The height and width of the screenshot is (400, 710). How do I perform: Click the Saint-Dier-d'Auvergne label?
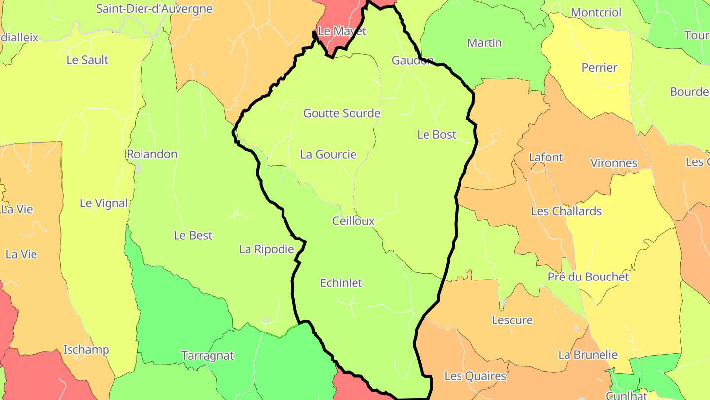pyautogui.click(x=154, y=9)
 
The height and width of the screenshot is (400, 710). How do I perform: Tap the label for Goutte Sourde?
pyautogui.click(x=342, y=113)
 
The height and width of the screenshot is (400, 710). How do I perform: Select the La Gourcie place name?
pyautogui.click(x=328, y=155)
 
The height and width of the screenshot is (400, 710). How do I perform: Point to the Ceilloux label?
pyautogui.click(x=354, y=221)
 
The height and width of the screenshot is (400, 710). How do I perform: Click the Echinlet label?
pyautogui.click(x=341, y=283)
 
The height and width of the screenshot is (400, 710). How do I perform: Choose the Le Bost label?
pyautogui.click(x=436, y=135)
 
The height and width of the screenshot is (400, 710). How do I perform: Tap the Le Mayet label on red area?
pyautogui.click(x=342, y=31)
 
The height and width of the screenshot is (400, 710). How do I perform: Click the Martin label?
pyautogui.click(x=484, y=43)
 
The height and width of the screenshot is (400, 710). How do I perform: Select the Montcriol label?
pyautogui.click(x=596, y=12)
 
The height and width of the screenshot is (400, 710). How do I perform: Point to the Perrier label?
pyautogui.click(x=599, y=68)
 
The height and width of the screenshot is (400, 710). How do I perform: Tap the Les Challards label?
pyautogui.click(x=566, y=211)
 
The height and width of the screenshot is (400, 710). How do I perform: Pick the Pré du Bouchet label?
pyautogui.click(x=588, y=277)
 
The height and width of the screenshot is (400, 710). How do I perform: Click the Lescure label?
pyautogui.click(x=512, y=320)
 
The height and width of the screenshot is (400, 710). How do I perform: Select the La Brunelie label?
pyautogui.click(x=588, y=355)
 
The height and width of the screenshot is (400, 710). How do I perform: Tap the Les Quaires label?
pyautogui.click(x=475, y=376)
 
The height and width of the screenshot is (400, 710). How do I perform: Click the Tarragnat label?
pyautogui.click(x=208, y=356)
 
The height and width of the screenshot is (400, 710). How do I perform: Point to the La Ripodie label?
pyautogui.click(x=266, y=250)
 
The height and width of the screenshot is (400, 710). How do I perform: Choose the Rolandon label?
pyautogui.click(x=152, y=154)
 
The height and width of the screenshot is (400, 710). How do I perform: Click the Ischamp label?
pyautogui.click(x=86, y=350)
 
